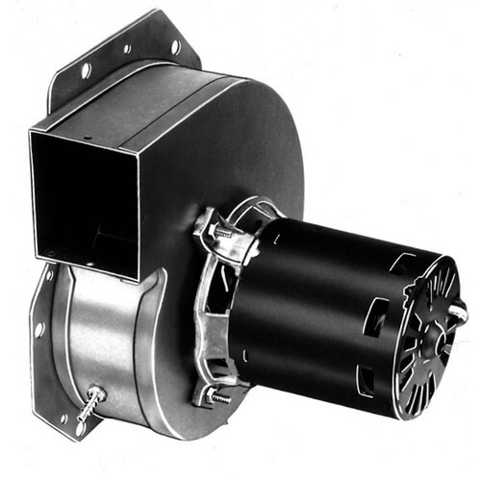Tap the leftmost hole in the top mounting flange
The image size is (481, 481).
pos(87,70)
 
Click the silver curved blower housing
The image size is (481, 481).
pos(106,337)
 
